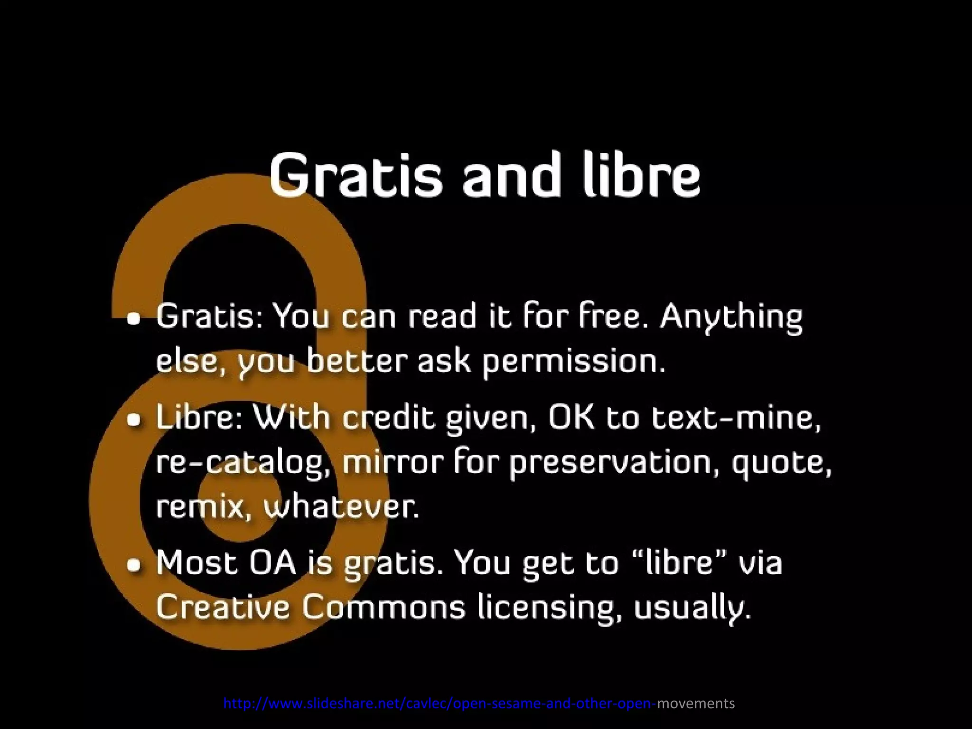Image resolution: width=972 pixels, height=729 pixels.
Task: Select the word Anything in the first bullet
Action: click(731, 317)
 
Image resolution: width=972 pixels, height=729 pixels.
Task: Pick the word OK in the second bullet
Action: click(571, 417)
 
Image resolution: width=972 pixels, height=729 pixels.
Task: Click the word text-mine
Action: click(735, 417)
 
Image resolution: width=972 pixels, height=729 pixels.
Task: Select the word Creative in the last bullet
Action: click(223, 607)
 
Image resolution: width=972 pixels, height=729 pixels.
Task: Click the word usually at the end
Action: click(692, 608)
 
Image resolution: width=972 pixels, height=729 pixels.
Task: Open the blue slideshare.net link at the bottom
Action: click(439, 703)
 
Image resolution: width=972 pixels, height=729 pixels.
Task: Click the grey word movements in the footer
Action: click(696, 703)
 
